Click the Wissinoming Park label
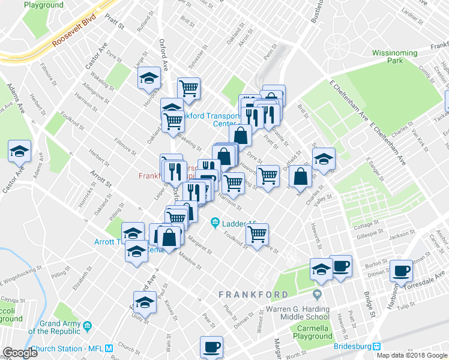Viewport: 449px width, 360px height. [394, 57]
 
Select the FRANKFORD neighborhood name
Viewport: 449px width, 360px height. [253, 295]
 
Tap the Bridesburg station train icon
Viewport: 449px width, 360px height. [376, 346]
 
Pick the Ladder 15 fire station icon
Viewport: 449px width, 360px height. [215, 224]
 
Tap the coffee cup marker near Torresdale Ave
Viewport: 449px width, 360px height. [401, 270]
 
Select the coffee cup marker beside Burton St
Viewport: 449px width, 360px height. [340, 267]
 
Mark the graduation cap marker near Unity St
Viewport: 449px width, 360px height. [144, 302]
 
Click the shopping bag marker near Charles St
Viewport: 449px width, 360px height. [300, 176]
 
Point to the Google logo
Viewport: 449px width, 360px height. [20, 353]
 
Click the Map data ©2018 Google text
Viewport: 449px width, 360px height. [412, 355]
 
